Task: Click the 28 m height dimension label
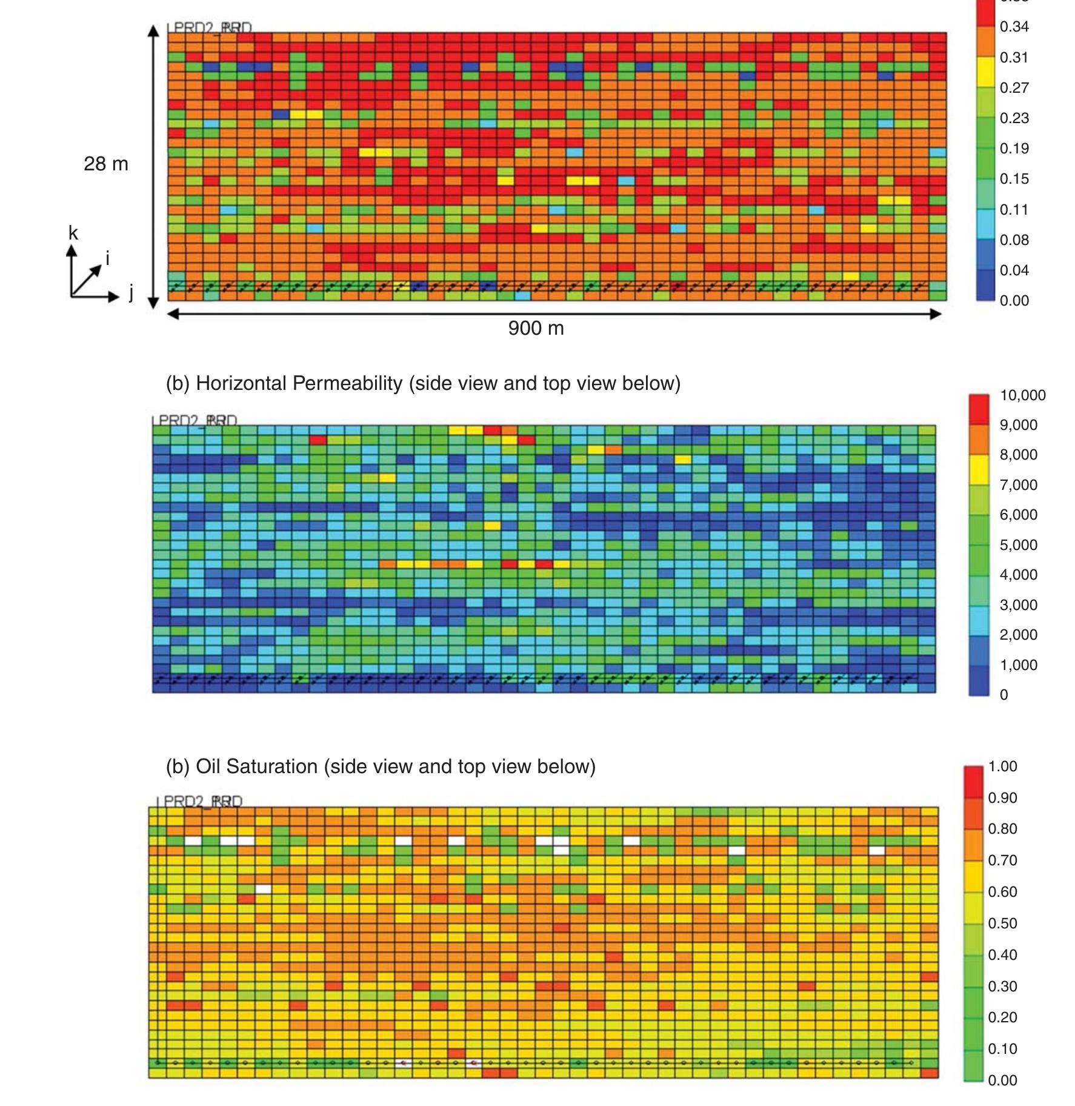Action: tap(106, 164)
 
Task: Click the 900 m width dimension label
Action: tap(536, 328)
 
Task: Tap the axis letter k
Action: tap(73, 233)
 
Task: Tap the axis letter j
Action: tap(131, 293)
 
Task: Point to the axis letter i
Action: tap(108, 259)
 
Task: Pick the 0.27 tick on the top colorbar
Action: tap(1014, 88)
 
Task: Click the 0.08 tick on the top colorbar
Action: tap(1014, 240)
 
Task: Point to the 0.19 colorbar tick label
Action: tap(1014, 149)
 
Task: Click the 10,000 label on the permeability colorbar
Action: tap(1022, 395)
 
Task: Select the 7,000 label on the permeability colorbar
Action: tap(1018, 485)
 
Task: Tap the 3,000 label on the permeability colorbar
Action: tap(1018, 605)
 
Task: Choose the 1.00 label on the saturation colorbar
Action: tap(1002, 766)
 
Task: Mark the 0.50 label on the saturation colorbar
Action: tap(1002, 923)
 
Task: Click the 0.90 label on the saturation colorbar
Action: tap(1002, 798)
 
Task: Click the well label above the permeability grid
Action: tap(195, 420)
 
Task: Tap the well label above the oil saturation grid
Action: tap(200, 801)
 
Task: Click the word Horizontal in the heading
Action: tap(241, 383)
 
